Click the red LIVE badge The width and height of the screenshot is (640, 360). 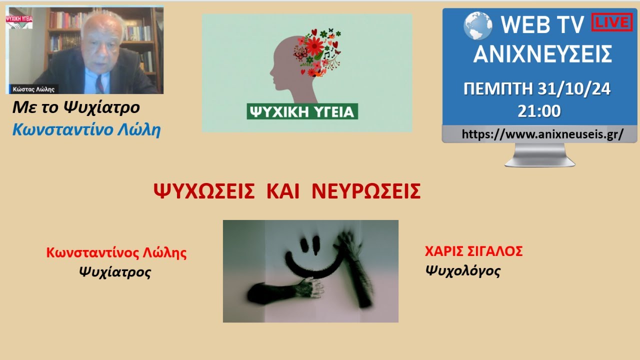coord(612,22)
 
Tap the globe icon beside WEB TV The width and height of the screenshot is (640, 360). coord(478,25)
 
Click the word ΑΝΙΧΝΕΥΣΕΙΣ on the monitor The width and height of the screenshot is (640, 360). coord(542,54)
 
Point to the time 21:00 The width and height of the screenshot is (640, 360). coord(539,111)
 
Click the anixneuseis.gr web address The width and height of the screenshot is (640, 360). coord(542,134)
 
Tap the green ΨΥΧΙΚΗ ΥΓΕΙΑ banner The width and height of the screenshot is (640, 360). coord(301,111)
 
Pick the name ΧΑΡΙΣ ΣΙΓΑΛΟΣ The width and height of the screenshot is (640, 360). coord(473,251)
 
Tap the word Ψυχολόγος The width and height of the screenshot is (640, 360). coord(462,271)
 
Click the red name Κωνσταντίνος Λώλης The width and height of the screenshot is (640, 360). coord(116,252)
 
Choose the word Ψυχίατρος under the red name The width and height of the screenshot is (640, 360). coord(114,272)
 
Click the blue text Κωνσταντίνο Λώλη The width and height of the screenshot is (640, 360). coord(86,130)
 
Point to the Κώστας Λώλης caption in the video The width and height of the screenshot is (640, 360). coord(34,89)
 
